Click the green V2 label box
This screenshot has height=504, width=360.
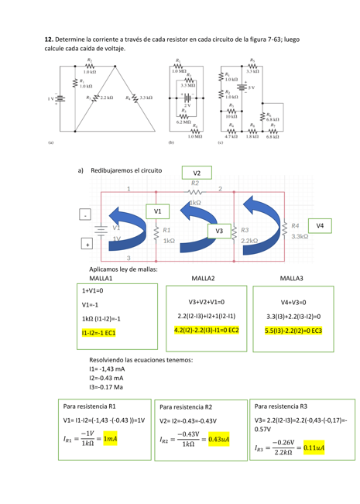[x=197, y=172]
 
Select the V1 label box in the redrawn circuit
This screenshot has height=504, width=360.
[x=157, y=211]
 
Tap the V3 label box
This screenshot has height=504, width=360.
[x=220, y=230]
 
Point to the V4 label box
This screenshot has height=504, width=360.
[x=320, y=225]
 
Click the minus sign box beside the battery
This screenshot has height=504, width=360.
[x=84, y=215]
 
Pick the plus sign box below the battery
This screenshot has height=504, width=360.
[x=87, y=244]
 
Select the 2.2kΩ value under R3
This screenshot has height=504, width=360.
[x=249, y=240]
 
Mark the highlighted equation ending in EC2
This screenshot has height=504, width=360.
[x=207, y=330]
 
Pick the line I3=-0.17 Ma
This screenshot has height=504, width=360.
[x=107, y=386]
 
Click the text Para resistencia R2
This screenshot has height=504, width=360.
[x=187, y=406]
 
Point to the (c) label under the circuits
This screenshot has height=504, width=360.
[x=221, y=143]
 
